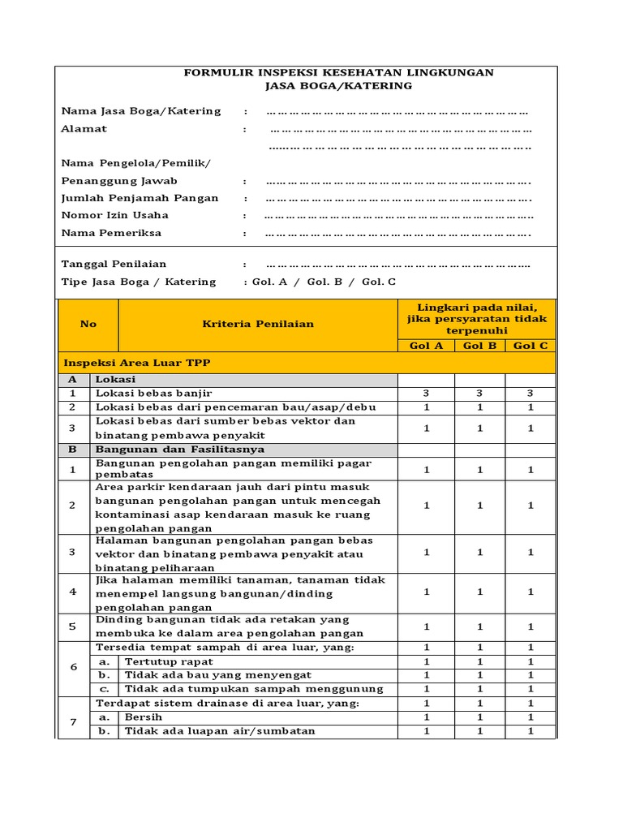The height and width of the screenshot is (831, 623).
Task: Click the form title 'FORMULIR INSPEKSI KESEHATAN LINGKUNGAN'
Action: (x=338, y=72)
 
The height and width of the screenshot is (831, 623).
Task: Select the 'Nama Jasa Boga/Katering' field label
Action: (x=141, y=111)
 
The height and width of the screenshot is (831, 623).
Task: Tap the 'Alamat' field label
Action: (x=84, y=129)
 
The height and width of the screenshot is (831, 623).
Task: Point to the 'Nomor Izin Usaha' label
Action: (x=115, y=215)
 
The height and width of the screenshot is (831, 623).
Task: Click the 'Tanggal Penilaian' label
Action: (x=114, y=264)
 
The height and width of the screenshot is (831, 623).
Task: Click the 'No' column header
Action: (x=88, y=324)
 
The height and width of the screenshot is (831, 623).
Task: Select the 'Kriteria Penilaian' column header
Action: (x=258, y=324)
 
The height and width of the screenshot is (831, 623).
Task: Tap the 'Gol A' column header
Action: (x=427, y=346)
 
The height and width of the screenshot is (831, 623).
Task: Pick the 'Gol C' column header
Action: (x=531, y=346)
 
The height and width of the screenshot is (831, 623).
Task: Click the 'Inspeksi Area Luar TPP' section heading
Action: (x=137, y=363)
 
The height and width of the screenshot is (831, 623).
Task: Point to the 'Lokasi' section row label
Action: (x=116, y=379)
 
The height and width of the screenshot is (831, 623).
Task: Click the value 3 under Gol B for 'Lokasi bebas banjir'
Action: (x=480, y=394)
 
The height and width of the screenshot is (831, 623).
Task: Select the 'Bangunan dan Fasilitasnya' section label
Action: (x=179, y=449)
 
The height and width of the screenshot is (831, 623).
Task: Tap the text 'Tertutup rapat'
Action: (x=169, y=661)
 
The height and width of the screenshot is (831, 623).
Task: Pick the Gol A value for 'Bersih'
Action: (x=427, y=717)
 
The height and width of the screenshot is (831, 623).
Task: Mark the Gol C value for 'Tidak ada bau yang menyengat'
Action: (x=531, y=675)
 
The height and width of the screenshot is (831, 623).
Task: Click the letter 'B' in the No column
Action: (x=73, y=449)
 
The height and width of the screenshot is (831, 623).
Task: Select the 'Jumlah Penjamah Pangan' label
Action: (x=140, y=198)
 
